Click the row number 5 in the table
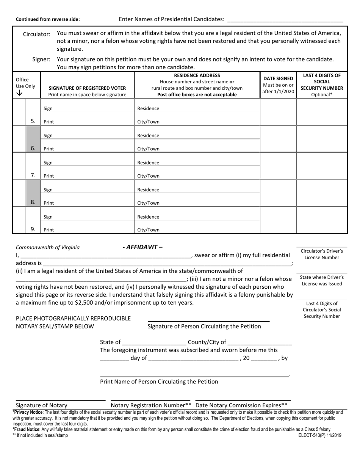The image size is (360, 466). pyautogui.click(x=33, y=121)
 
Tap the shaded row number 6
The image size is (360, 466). pyautogui.click(x=33, y=148)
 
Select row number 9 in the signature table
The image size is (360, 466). pyautogui.click(x=33, y=229)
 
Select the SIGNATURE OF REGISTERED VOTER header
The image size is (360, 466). pyautogui.click(x=87, y=88)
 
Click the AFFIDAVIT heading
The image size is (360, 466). pyautogui.click(x=142, y=247)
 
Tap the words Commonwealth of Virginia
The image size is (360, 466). pyautogui.click(x=48, y=247)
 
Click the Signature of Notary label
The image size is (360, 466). pyautogui.click(x=42, y=405)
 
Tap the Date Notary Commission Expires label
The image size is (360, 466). pyautogui.click(x=241, y=405)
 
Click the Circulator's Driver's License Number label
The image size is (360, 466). pyautogui.click(x=322, y=254)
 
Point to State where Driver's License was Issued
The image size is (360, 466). pyautogui.click(x=322, y=280)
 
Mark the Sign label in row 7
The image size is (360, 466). pyautogui.click(x=48, y=163)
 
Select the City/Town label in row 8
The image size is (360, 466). pyautogui.click(x=148, y=203)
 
